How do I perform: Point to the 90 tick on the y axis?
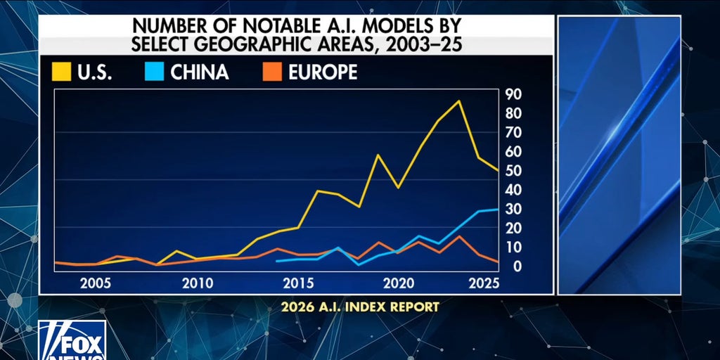pos(513,94)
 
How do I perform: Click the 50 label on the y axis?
pos(513,171)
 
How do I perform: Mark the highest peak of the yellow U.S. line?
pos(459,101)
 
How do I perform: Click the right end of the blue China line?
pos(499,210)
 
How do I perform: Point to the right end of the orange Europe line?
pos(499,262)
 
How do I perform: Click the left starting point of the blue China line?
pos(276,261)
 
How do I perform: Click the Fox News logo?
pos(72,341)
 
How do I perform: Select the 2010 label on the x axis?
pos(198,284)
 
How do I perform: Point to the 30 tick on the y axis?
pos(513,210)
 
